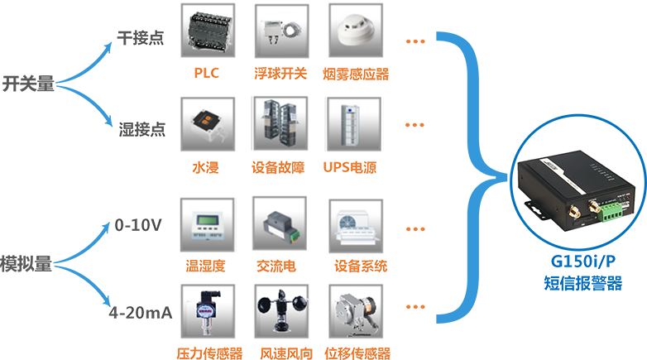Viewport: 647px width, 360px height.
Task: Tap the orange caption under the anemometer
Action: point(282,351)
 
